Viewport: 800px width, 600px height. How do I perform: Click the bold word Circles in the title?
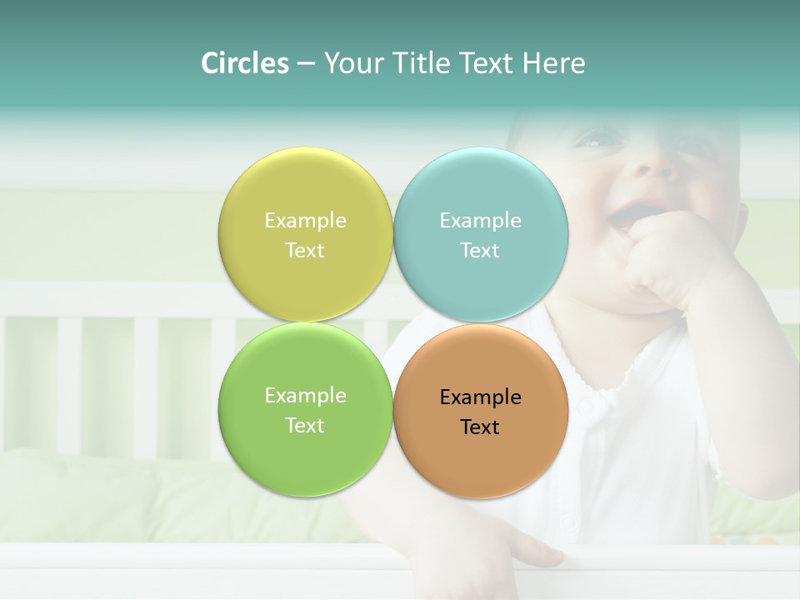245,63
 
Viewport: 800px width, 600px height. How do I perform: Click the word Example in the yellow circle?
305,221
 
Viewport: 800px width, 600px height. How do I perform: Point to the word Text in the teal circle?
480,251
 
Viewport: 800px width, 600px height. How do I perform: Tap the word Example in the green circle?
305,396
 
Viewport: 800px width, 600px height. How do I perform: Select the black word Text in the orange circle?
480,427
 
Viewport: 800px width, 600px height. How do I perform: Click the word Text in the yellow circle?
305,251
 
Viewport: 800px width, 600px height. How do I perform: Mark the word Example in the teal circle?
480,221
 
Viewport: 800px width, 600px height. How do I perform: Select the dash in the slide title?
305,64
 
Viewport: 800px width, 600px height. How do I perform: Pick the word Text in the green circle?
305,426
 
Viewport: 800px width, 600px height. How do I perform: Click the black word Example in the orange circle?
480,397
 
